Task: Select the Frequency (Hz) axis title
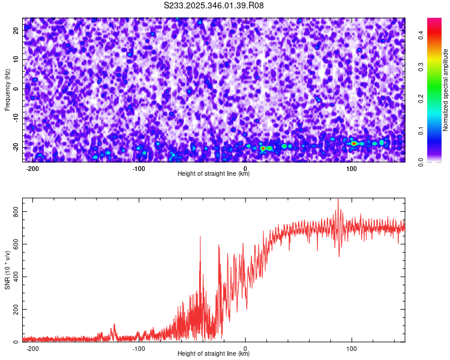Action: tap(7, 89)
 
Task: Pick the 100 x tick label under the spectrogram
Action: tap(352, 168)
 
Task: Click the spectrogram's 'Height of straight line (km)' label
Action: tap(214, 174)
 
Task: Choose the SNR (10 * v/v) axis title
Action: tap(7, 270)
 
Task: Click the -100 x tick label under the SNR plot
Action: tap(139, 348)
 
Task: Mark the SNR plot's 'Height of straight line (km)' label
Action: tap(214, 354)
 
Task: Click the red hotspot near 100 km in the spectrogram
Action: tap(354, 143)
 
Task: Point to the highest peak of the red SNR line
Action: tap(338, 200)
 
